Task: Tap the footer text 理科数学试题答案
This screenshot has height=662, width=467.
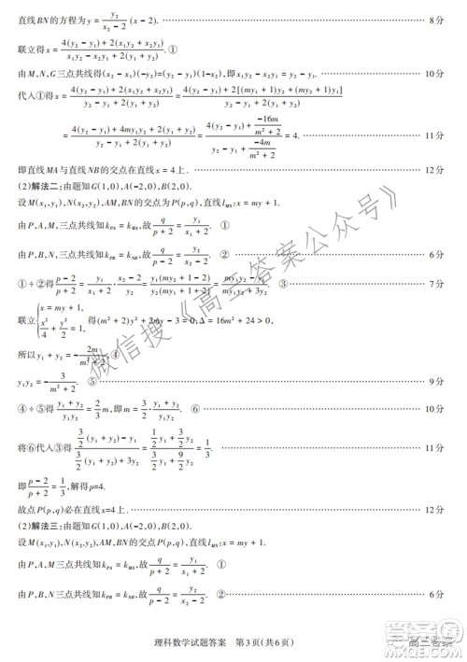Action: (x=189, y=642)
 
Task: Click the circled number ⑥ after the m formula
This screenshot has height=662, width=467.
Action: (x=194, y=408)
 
